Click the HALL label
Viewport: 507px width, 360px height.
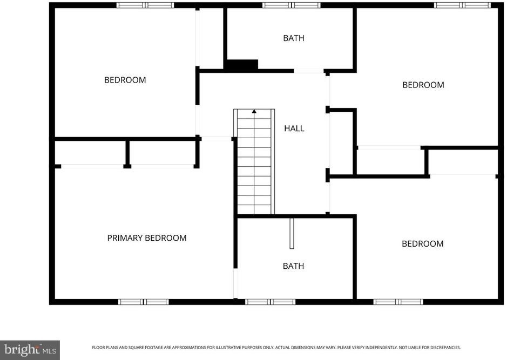pyautogui.click(x=294, y=128)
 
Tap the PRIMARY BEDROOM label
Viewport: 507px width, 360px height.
pyautogui.click(x=147, y=238)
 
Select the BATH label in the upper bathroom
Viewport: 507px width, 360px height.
pyautogui.click(x=294, y=38)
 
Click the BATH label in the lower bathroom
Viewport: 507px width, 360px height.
pyautogui.click(x=293, y=266)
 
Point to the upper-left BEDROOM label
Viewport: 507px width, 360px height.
pyautogui.click(x=125, y=80)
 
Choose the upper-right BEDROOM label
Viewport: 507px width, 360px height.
pyautogui.click(x=423, y=85)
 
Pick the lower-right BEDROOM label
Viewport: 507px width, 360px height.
pyautogui.click(x=423, y=243)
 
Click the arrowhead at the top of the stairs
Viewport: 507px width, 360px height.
pyautogui.click(x=254, y=112)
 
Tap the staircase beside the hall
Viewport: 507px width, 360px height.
pyautogui.click(x=254, y=161)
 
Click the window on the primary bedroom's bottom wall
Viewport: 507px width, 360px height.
pyautogui.click(x=144, y=302)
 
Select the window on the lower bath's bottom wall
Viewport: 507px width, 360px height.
pyautogui.click(x=271, y=302)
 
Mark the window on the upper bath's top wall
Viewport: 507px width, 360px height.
pyautogui.click(x=292, y=5)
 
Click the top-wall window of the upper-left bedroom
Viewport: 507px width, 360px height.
pyautogui.click(x=145, y=5)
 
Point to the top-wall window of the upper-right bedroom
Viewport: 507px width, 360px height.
pyautogui.click(x=462, y=5)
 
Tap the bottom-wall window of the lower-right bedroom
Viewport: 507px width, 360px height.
pyautogui.click(x=398, y=302)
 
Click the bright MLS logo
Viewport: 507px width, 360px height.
pyautogui.click(x=30, y=350)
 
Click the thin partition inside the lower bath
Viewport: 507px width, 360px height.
pyautogui.click(x=292, y=233)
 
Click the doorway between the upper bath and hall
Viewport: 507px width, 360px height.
pyautogui.click(x=309, y=71)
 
